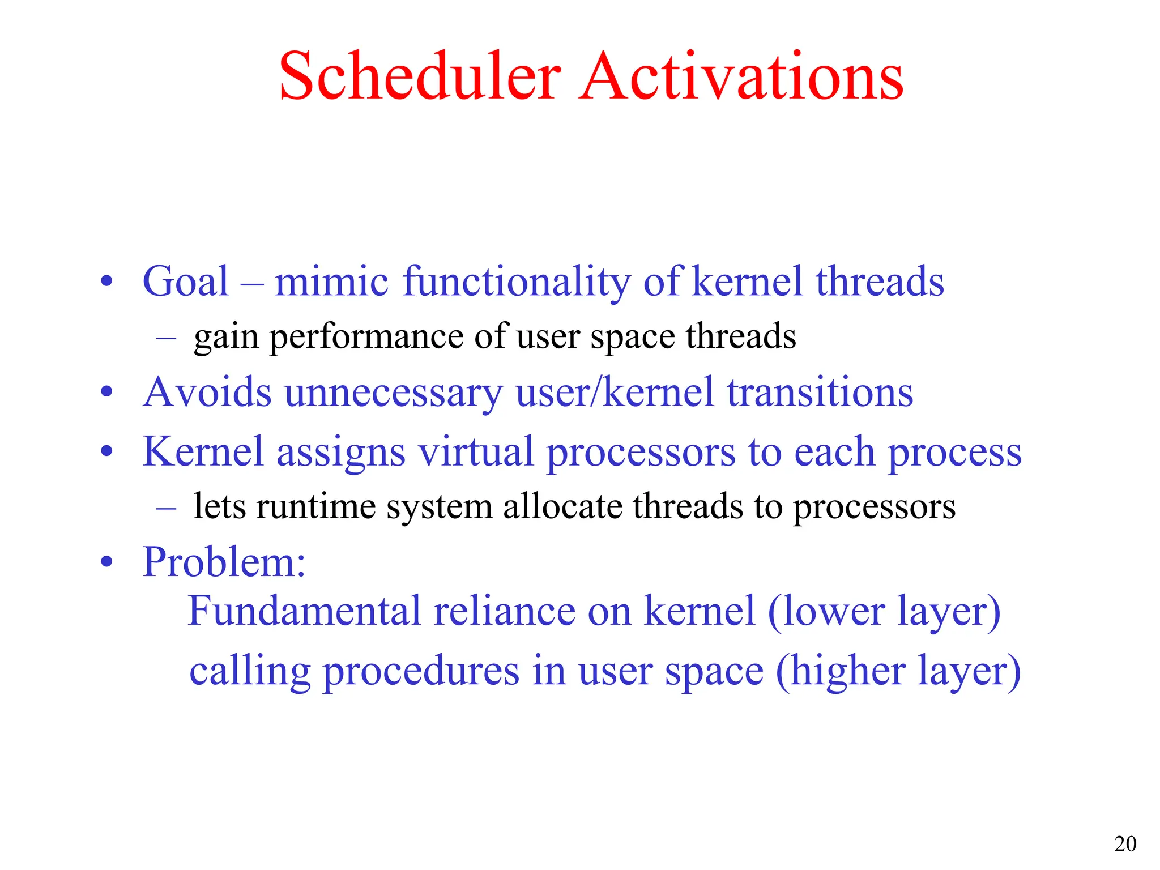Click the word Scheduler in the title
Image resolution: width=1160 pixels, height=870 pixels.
pos(420,76)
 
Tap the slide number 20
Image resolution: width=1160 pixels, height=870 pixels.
pos(1125,844)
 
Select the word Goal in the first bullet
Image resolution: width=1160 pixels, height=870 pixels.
pos(185,282)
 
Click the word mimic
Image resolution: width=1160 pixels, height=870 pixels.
pos(331,282)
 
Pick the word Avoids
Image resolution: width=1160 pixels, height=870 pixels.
pos(207,392)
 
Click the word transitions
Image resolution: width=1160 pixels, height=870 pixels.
pos(820,392)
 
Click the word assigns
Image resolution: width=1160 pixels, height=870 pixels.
pos(340,453)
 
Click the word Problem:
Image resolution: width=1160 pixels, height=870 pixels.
pos(224,562)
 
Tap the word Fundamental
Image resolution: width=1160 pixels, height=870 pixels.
pos(304,611)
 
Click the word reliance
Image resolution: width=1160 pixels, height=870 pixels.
pos(504,611)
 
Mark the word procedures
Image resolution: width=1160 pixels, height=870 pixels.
pos(420,672)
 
